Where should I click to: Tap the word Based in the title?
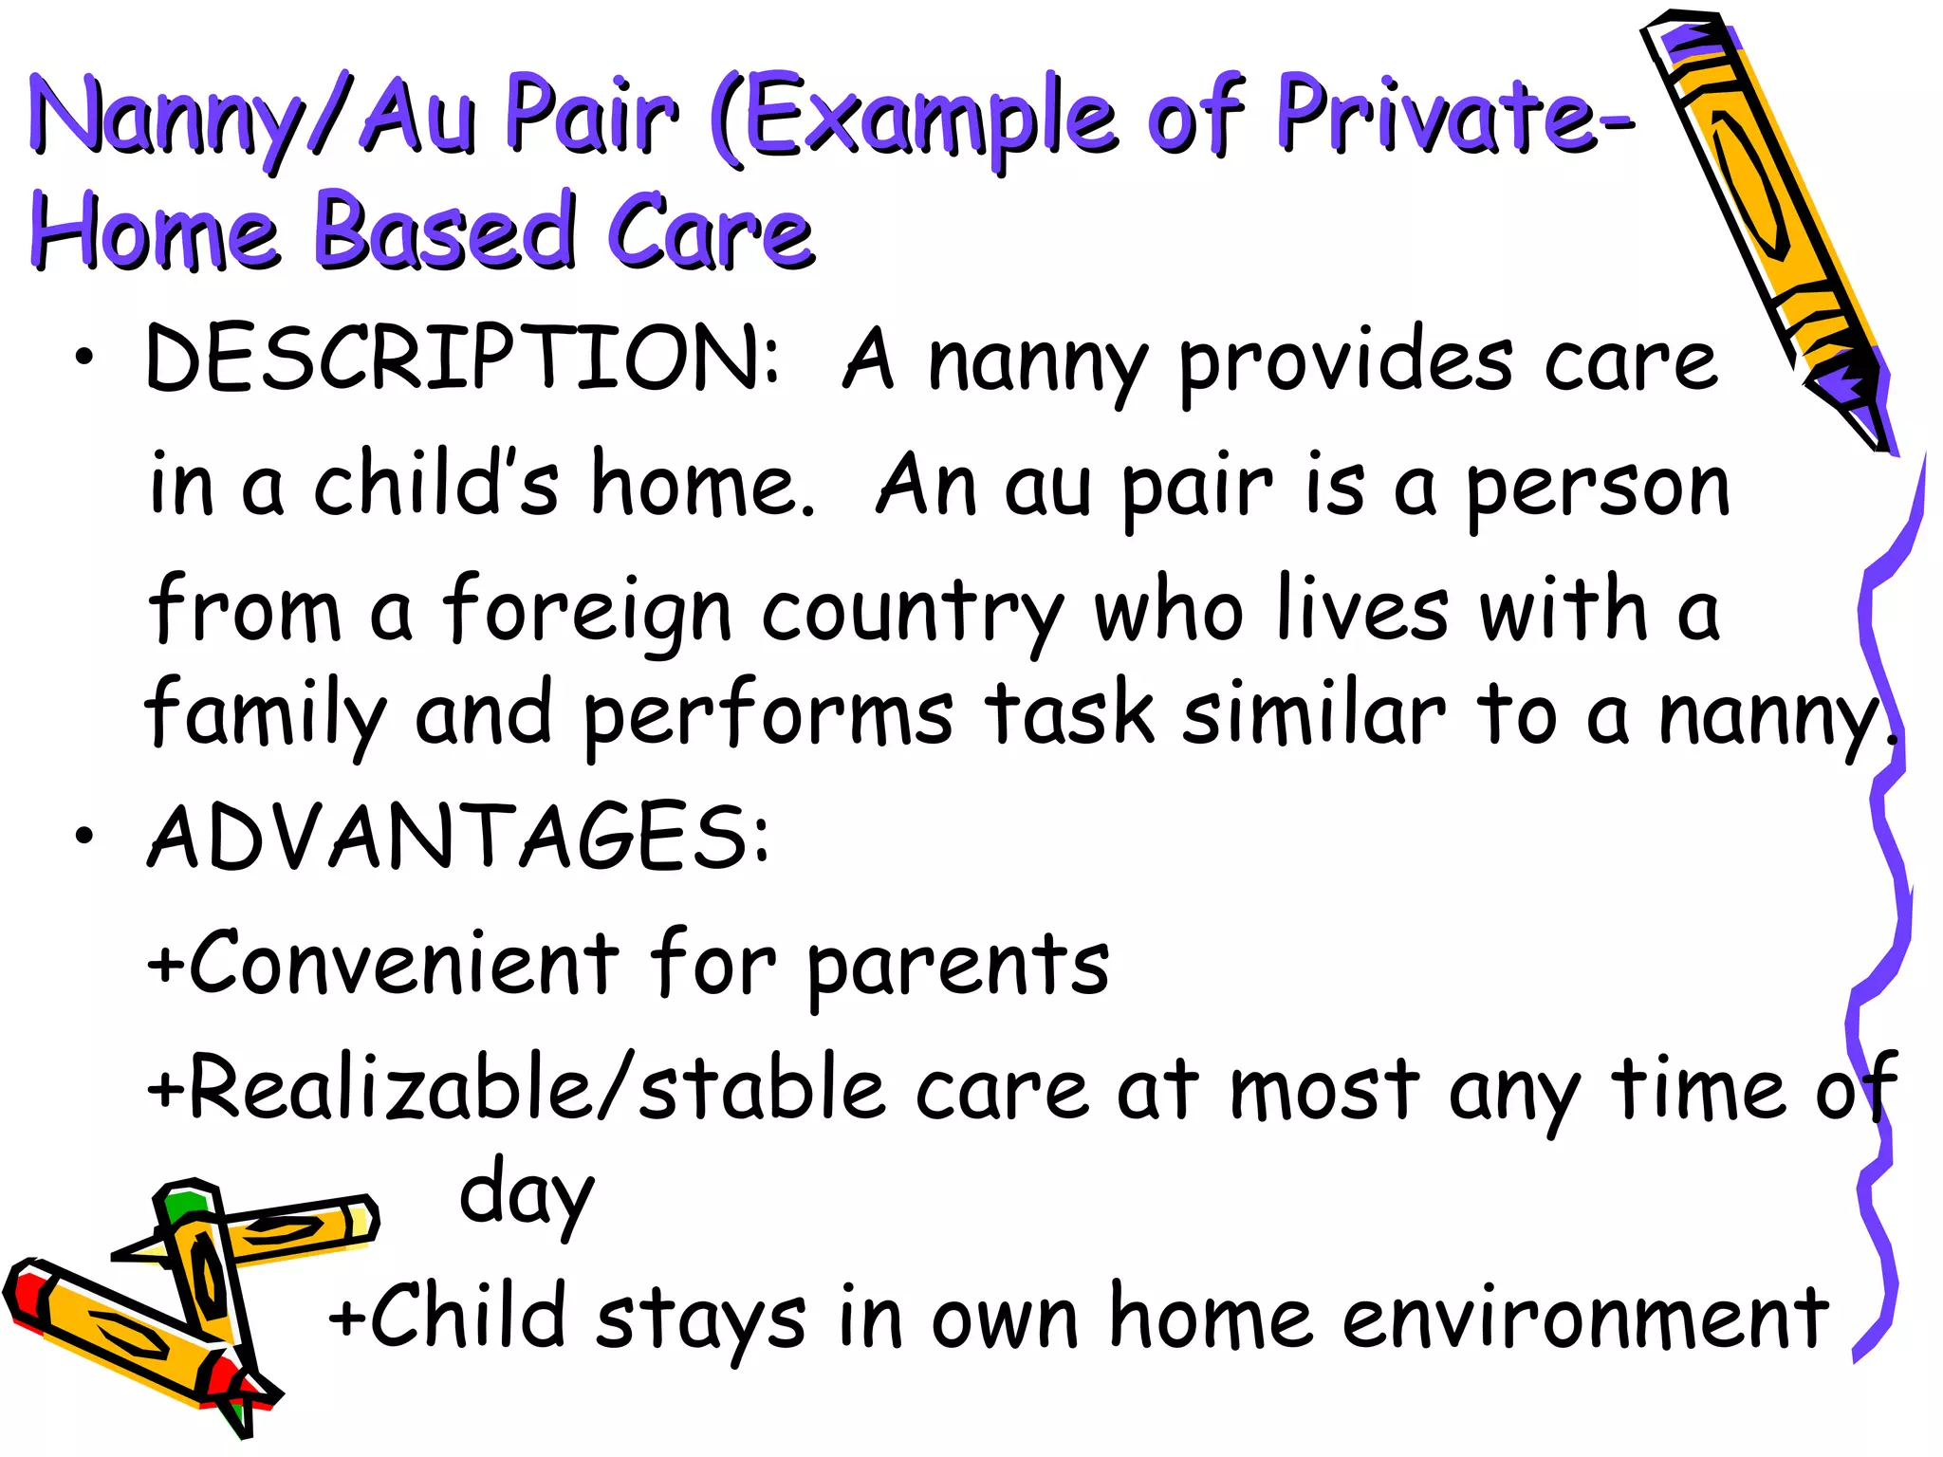point(444,232)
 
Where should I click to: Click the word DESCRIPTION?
point(462,359)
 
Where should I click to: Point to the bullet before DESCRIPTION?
point(85,358)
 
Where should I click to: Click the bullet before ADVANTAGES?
point(85,835)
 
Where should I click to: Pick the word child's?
point(435,484)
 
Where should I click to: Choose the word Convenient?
point(404,964)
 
